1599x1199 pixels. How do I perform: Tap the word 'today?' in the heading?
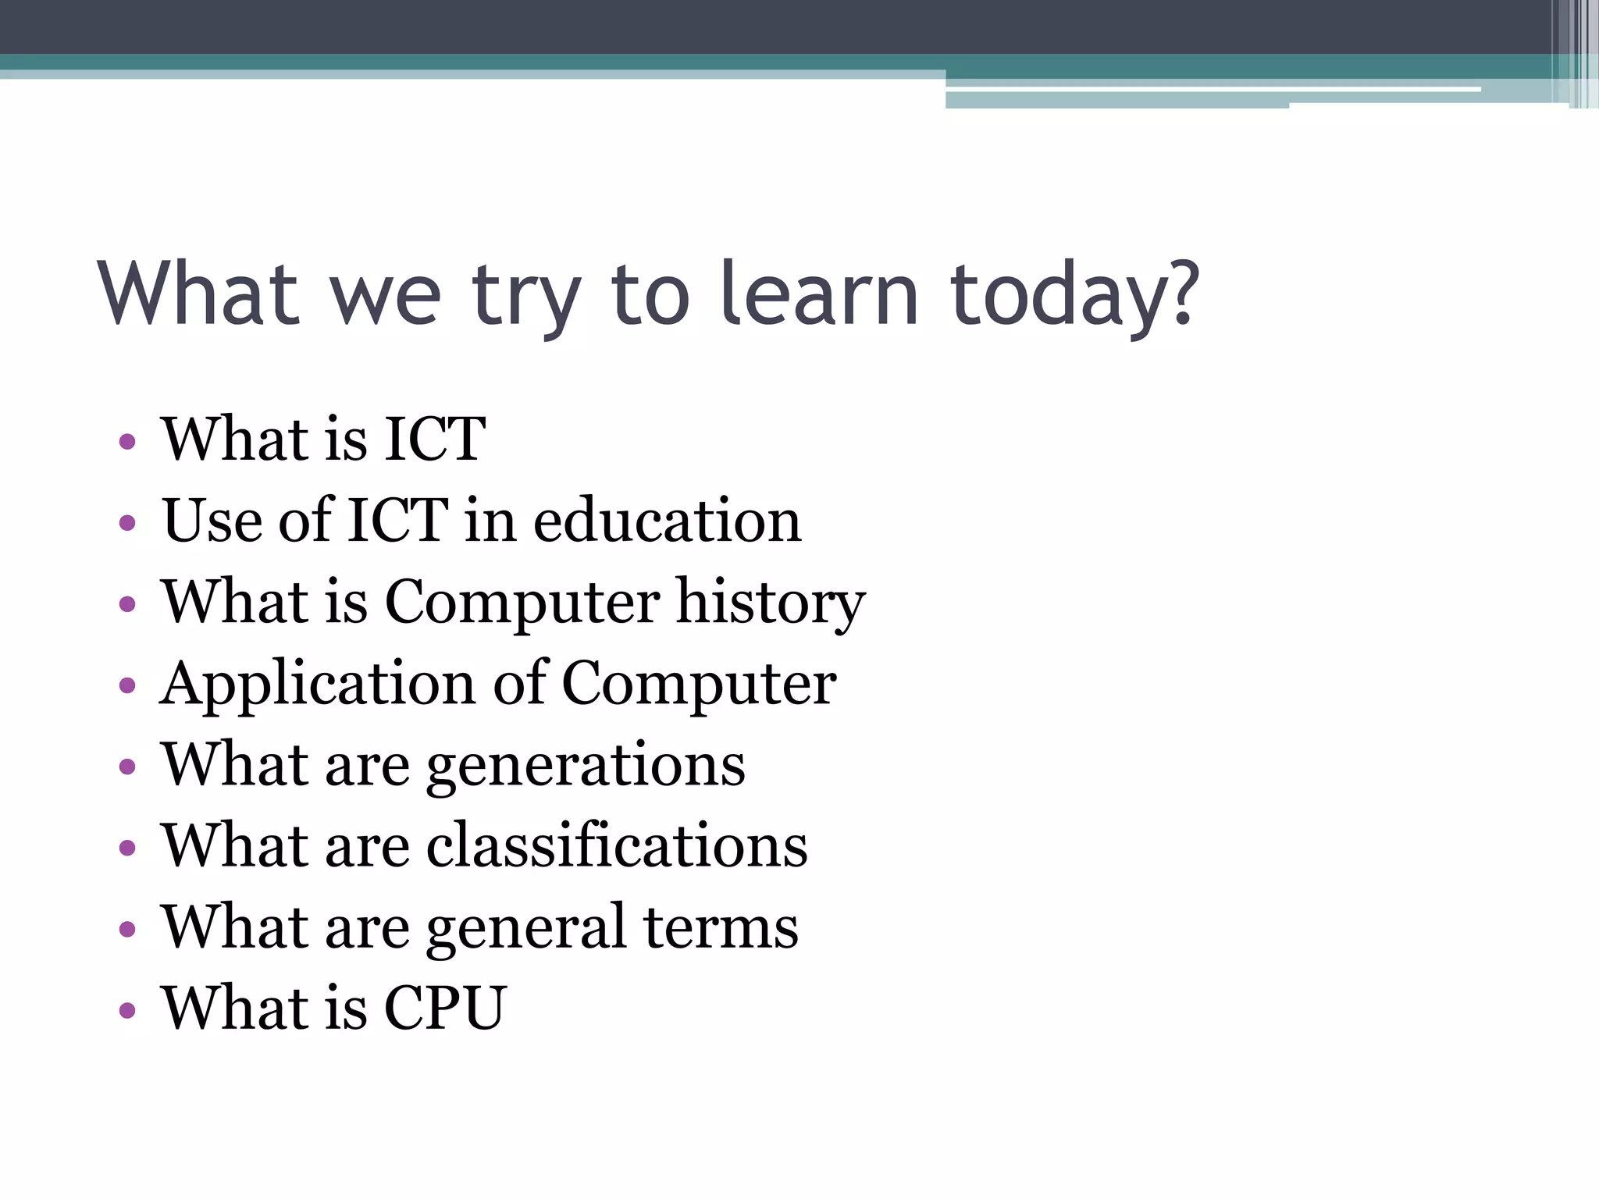1074,297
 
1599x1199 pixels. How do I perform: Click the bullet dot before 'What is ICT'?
128,442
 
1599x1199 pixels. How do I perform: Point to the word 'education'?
668,521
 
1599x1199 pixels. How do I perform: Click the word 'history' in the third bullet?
771,603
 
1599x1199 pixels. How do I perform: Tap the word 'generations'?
586,767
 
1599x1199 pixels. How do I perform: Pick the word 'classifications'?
617,846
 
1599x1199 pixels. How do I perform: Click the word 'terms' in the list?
721,927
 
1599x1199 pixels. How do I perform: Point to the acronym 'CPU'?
446,1008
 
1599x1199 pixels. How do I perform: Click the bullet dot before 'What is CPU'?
128,1011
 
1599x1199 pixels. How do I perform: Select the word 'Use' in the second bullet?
212,521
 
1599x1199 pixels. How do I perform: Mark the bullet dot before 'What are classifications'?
128,849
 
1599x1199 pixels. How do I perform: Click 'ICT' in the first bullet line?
435,439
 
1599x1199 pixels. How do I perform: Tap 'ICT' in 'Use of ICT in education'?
397,521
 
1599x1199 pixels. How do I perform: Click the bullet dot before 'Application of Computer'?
128,686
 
